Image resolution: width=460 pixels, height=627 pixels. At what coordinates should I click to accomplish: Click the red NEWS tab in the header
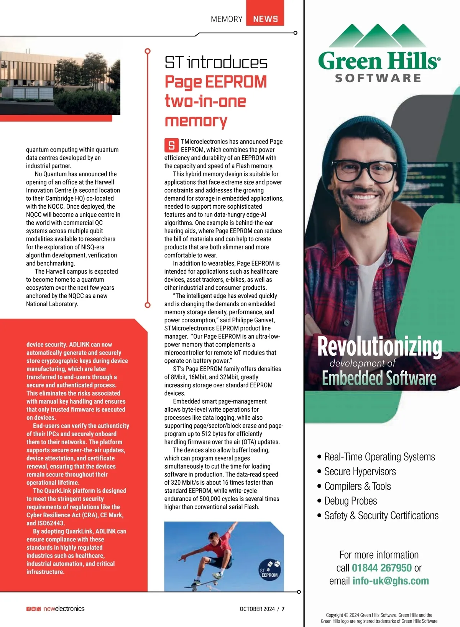(x=265, y=18)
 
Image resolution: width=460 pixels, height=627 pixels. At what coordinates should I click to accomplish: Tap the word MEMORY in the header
(x=227, y=19)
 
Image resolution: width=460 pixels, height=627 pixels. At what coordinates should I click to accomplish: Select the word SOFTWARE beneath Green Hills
(x=378, y=78)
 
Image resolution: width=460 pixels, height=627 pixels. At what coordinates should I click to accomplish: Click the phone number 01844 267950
(x=381, y=568)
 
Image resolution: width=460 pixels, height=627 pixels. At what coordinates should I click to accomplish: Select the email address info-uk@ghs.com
(x=390, y=581)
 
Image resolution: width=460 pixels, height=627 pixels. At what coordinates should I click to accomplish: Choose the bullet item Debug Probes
(x=350, y=501)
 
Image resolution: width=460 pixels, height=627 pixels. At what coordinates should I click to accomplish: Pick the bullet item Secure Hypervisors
(x=360, y=472)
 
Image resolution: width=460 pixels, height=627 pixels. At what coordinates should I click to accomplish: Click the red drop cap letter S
(x=171, y=145)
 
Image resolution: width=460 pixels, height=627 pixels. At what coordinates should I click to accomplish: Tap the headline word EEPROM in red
(x=236, y=82)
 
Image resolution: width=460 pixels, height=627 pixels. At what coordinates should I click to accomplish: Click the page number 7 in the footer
(x=283, y=609)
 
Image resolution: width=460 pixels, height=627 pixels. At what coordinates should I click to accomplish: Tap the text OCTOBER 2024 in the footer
(x=257, y=609)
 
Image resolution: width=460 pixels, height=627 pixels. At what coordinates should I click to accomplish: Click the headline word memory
(x=196, y=121)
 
